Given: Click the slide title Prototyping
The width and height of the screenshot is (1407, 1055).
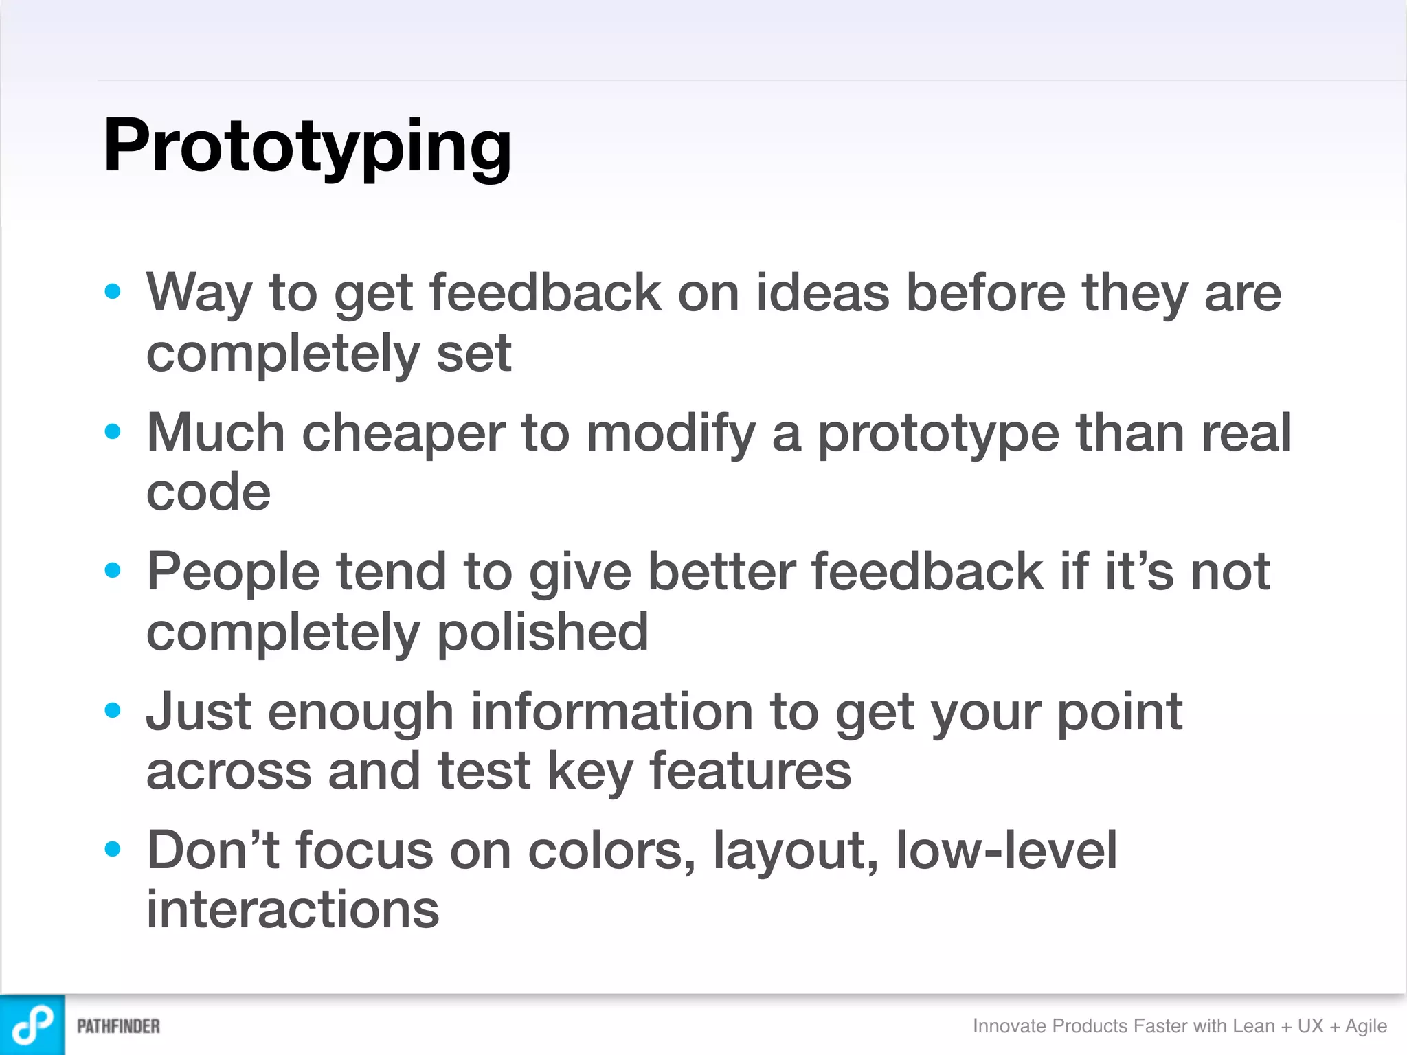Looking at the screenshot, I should tap(307, 146).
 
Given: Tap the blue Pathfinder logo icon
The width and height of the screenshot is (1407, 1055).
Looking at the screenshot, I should tap(32, 1025).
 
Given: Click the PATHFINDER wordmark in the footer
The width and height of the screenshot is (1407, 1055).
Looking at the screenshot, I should tap(118, 1026).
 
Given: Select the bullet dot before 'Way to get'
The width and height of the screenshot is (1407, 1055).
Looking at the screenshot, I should tap(113, 292).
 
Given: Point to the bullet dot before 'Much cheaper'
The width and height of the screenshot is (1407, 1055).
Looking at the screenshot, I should tap(113, 432).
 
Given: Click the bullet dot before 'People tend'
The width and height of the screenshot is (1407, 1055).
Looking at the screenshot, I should tap(113, 570).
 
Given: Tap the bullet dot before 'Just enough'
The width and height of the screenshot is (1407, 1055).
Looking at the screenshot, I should tap(113, 710).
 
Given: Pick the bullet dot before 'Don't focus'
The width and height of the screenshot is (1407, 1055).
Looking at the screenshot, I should tap(113, 850).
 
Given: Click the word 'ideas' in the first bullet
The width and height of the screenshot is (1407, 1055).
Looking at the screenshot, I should tap(822, 293).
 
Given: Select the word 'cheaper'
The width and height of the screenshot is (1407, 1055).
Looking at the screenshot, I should tap(403, 434).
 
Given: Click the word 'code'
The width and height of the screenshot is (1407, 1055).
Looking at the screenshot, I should tap(209, 492).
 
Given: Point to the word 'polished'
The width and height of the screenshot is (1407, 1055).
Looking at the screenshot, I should tap(542, 633).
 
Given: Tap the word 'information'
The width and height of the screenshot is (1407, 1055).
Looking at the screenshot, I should tap(611, 712).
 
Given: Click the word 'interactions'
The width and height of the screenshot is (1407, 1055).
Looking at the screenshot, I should tap(293, 909).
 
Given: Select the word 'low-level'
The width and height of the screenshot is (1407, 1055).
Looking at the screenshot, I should tap(1006, 851).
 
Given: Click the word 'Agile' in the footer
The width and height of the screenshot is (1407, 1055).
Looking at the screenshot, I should tap(1366, 1026).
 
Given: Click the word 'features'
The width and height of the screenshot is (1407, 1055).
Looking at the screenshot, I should tap(750, 771).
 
